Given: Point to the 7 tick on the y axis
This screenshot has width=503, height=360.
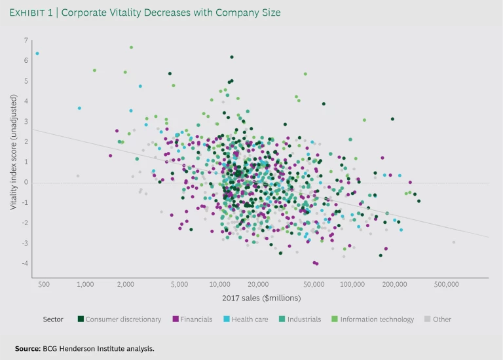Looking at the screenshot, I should tap(26, 41).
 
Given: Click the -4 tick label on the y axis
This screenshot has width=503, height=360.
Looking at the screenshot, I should tap(25, 264).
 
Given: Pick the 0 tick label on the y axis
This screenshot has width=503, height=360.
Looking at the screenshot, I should tap(26, 183).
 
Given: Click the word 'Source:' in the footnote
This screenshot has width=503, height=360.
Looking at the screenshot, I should tap(29, 349).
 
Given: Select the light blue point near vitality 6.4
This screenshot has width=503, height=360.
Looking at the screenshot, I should tap(37, 54).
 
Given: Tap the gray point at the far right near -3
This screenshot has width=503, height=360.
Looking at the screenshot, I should tap(453, 242).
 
